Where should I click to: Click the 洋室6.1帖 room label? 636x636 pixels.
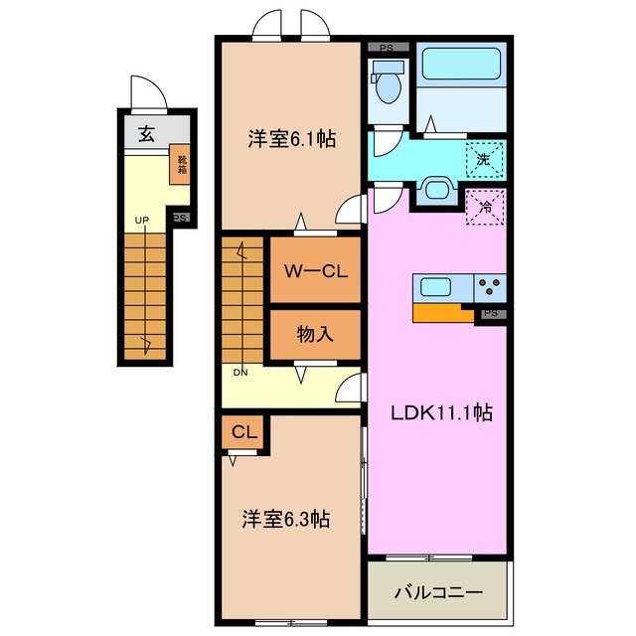point(291,140)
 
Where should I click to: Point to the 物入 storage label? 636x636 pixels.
point(315,335)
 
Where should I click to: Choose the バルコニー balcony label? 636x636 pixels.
point(438,592)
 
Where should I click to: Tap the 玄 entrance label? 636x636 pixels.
point(146,134)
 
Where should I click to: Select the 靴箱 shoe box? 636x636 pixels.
point(182,163)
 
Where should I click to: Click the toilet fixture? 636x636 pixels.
point(388,84)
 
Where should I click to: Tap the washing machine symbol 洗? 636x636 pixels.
point(483,158)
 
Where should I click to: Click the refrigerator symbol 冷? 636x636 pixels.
point(485,208)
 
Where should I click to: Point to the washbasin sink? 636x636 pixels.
point(434,189)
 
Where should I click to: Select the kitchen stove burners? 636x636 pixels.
point(490,288)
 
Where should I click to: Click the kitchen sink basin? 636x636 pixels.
point(436,288)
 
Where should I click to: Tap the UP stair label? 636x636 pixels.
point(142,221)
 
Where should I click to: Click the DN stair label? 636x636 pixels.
point(240,374)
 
